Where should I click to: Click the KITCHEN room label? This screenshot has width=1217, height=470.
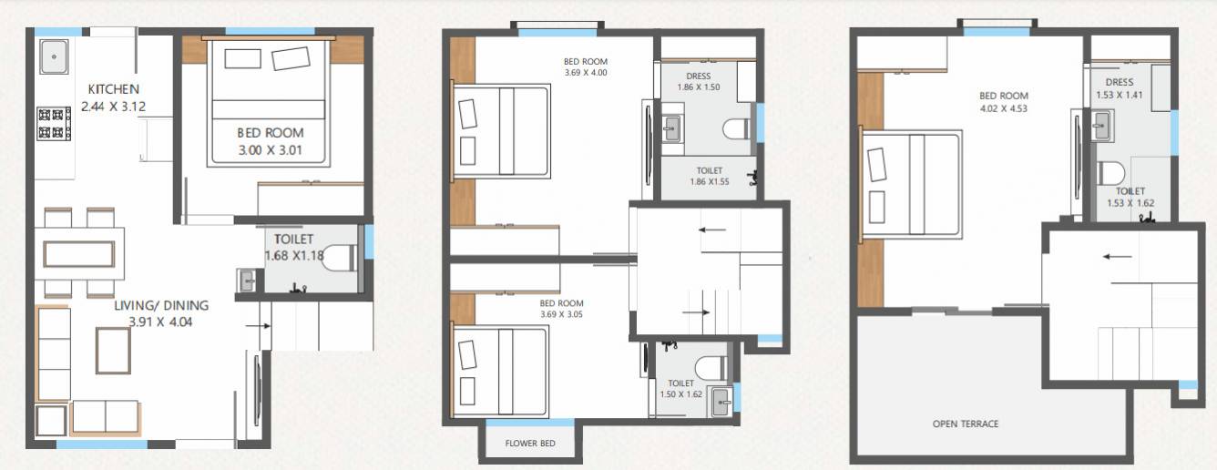pos(113,89)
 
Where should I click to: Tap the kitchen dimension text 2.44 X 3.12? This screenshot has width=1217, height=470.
pos(113,107)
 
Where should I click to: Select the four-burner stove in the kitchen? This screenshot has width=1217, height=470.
pos(54,123)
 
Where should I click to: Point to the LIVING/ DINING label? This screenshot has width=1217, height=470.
pos(161,305)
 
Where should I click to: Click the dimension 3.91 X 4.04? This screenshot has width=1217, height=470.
pos(161,322)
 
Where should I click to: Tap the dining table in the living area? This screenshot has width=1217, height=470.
pos(78,252)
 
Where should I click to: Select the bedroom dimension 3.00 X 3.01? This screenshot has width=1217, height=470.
pos(269,150)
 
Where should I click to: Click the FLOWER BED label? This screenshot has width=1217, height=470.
pos(530,444)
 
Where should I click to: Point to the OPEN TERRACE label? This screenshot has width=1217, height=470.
pos(966,424)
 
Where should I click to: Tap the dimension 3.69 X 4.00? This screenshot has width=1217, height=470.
pos(585,73)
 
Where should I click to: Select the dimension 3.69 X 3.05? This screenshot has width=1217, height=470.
pos(560,314)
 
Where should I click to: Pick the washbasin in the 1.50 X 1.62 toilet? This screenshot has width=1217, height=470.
pos(722,401)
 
